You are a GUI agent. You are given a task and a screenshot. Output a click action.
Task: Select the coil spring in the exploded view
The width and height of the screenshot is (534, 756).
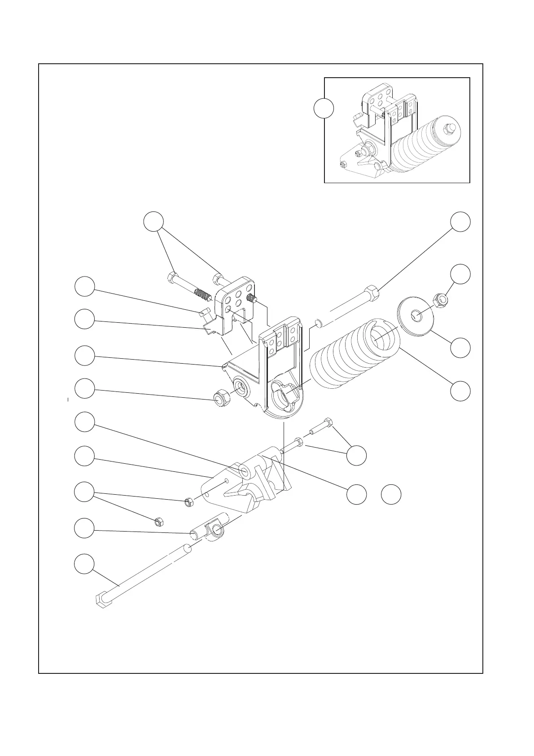(355, 359)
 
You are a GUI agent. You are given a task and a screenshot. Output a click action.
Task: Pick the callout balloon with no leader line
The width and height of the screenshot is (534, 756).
(391, 494)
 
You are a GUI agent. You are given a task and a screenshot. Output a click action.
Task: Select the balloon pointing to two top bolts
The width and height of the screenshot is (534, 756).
(153, 221)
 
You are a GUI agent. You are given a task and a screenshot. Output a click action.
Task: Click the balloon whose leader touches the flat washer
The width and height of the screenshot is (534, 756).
(461, 348)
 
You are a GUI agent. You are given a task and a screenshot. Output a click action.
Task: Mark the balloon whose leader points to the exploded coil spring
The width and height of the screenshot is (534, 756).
(461, 390)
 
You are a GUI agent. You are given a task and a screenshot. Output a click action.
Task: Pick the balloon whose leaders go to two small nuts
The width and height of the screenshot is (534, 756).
(84, 492)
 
